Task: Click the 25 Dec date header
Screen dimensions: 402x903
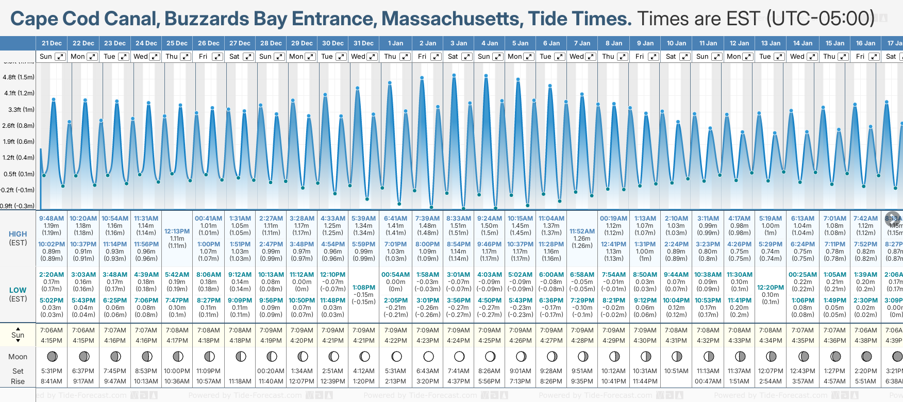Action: [x=177, y=43]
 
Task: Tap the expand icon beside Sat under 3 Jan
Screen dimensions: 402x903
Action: [x=466, y=57]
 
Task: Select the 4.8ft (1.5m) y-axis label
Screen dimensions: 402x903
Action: [x=19, y=77]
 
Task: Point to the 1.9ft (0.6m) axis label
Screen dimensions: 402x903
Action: [x=19, y=141]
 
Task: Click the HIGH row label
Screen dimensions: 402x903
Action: [x=18, y=234]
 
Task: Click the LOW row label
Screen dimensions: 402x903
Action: [x=18, y=290]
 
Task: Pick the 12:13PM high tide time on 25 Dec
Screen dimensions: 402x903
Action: [x=177, y=231]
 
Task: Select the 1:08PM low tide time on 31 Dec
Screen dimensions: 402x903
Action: [x=363, y=288]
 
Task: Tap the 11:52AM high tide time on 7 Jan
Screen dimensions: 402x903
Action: [x=582, y=231]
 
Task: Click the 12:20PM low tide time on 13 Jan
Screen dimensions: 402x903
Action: [x=771, y=288]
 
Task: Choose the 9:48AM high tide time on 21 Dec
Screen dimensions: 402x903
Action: [x=52, y=219]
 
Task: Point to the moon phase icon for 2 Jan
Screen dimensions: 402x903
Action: [x=428, y=356]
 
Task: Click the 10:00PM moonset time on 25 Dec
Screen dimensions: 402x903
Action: [x=177, y=371]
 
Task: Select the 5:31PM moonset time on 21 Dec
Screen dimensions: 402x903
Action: [x=52, y=371]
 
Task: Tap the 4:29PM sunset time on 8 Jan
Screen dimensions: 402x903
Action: [x=613, y=341]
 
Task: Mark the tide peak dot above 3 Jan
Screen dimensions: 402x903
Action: [x=454, y=75]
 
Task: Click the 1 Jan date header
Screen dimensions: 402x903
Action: [x=395, y=43]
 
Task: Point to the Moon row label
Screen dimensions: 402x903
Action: [x=18, y=357]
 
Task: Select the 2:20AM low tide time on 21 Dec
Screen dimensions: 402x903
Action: [x=52, y=275]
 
